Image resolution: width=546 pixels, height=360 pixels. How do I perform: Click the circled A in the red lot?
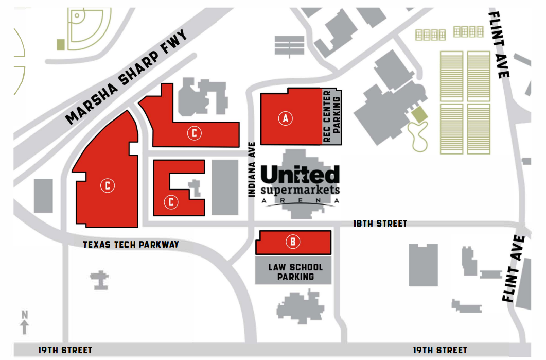(x=286, y=118)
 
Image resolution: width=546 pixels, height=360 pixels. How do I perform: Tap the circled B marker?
(x=293, y=241)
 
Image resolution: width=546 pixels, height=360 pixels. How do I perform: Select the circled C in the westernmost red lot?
(x=108, y=185)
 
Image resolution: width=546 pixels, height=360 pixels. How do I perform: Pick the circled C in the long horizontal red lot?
(x=194, y=133)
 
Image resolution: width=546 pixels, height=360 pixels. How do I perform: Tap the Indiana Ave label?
(x=252, y=169)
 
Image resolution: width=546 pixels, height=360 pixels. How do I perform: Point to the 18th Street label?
(x=380, y=224)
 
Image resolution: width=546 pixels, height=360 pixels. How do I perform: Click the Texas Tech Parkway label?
(x=131, y=245)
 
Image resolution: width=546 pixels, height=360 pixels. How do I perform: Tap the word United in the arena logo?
(x=300, y=175)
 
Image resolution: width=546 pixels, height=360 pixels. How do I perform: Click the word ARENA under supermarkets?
(x=301, y=200)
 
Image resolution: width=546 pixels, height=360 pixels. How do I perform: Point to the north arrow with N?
(x=25, y=322)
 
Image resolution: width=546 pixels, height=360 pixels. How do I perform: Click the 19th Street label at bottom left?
(x=65, y=350)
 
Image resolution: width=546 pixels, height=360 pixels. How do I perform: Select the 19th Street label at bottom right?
(x=440, y=350)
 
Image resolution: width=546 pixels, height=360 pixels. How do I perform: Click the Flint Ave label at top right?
(x=499, y=45)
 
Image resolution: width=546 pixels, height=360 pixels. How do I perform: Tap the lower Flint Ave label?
(x=515, y=269)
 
